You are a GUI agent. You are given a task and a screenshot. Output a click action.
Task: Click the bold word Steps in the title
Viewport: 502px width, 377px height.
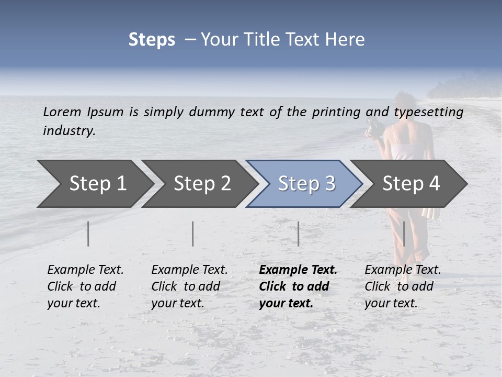click(152, 40)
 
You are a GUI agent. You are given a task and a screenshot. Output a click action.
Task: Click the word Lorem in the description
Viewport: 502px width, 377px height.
click(62, 112)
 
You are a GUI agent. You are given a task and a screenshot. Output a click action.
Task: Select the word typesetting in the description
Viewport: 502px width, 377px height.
click(428, 112)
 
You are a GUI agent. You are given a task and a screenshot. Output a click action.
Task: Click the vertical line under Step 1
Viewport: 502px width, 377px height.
click(88, 234)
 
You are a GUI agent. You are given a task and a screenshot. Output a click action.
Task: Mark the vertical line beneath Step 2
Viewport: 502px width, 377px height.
click(193, 234)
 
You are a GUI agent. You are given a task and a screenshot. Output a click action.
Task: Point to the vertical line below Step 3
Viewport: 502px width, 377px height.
click(298, 234)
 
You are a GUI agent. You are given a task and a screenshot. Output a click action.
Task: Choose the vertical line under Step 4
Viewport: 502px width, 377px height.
click(404, 234)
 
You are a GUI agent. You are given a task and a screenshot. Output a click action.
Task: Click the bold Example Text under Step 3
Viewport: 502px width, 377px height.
click(298, 270)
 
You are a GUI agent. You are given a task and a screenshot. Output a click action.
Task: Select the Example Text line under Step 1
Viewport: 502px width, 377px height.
click(85, 270)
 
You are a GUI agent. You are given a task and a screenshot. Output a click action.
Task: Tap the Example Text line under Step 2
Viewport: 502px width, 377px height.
click(189, 270)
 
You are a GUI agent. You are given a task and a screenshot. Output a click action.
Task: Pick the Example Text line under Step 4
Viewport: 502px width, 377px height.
click(403, 270)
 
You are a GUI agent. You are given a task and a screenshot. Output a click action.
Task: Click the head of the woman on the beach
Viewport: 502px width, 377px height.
click(404, 102)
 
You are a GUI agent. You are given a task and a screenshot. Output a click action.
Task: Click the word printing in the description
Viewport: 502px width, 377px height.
click(336, 112)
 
